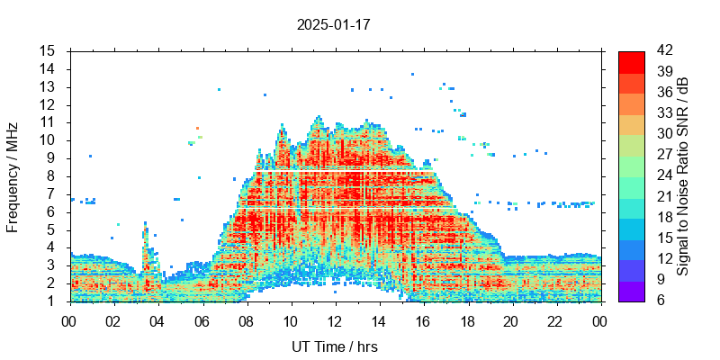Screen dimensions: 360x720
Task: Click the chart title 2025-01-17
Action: coord(333,24)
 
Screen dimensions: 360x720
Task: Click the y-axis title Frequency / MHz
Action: coord(13,175)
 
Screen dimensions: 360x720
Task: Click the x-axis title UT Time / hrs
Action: coord(334,347)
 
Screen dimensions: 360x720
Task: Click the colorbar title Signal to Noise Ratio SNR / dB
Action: coord(684,175)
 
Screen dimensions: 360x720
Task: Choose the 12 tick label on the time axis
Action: coord(335,320)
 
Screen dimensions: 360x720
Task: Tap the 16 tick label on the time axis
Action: coord(423,320)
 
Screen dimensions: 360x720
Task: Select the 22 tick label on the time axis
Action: coord(555,320)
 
